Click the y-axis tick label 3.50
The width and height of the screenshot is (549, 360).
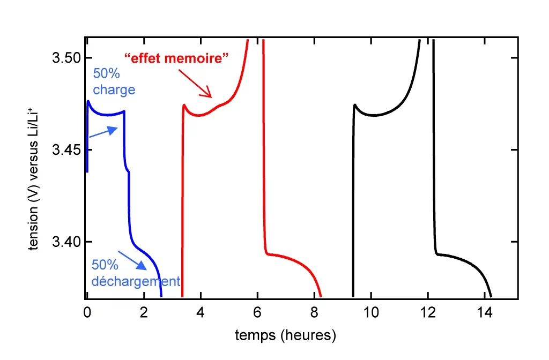65,57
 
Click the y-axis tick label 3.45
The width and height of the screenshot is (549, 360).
65,149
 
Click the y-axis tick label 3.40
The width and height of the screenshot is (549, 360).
65,242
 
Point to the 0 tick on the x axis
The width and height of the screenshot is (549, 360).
87,310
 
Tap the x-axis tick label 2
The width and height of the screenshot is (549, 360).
143,310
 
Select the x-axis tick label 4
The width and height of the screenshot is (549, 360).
201,310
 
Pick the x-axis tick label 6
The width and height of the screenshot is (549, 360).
257,310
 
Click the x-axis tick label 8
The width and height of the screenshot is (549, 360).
314,310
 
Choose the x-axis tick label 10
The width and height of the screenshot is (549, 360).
371,310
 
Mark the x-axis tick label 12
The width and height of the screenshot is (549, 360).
428,310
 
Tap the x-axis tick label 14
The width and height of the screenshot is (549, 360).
485,310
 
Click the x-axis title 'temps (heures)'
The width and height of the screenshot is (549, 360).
286,336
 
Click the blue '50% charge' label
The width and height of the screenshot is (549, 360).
114,81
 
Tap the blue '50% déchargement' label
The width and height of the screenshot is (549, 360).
135,273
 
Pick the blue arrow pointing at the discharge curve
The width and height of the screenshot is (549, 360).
132,260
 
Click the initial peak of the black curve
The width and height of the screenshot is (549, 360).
355,105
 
